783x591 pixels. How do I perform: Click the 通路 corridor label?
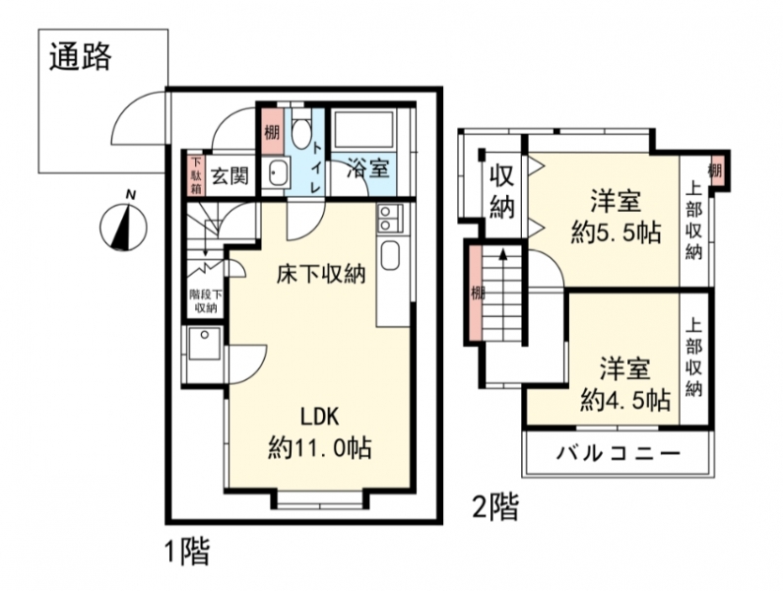click(x=80, y=56)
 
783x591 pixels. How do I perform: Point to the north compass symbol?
click(x=123, y=225)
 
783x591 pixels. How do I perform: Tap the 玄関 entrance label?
click(x=228, y=175)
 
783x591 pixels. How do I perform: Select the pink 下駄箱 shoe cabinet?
click(x=195, y=176)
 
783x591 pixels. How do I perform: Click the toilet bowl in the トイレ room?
click(x=300, y=131)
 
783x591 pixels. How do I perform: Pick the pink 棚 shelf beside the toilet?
click(x=272, y=131)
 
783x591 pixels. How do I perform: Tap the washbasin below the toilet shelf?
click(x=276, y=172)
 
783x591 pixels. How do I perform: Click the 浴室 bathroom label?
click(x=368, y=168)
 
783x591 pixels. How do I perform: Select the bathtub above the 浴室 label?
click(x=363, y=130)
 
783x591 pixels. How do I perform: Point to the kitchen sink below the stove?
click(x=388, y=256)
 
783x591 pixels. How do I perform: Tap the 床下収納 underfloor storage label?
click(x=321, y=274)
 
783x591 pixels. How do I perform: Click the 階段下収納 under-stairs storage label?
click(x=205, y=300)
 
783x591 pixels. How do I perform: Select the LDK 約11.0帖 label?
click(x=319, y=431)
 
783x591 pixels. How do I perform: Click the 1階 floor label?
click(x=187, y=552)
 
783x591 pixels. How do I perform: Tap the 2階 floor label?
click(x=495, y=506)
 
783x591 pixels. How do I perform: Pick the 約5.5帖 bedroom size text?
click(x=617, y=232)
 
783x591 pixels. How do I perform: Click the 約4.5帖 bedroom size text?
click(x=624, y=400)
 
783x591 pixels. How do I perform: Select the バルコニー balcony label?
click(x=619, y=454)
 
